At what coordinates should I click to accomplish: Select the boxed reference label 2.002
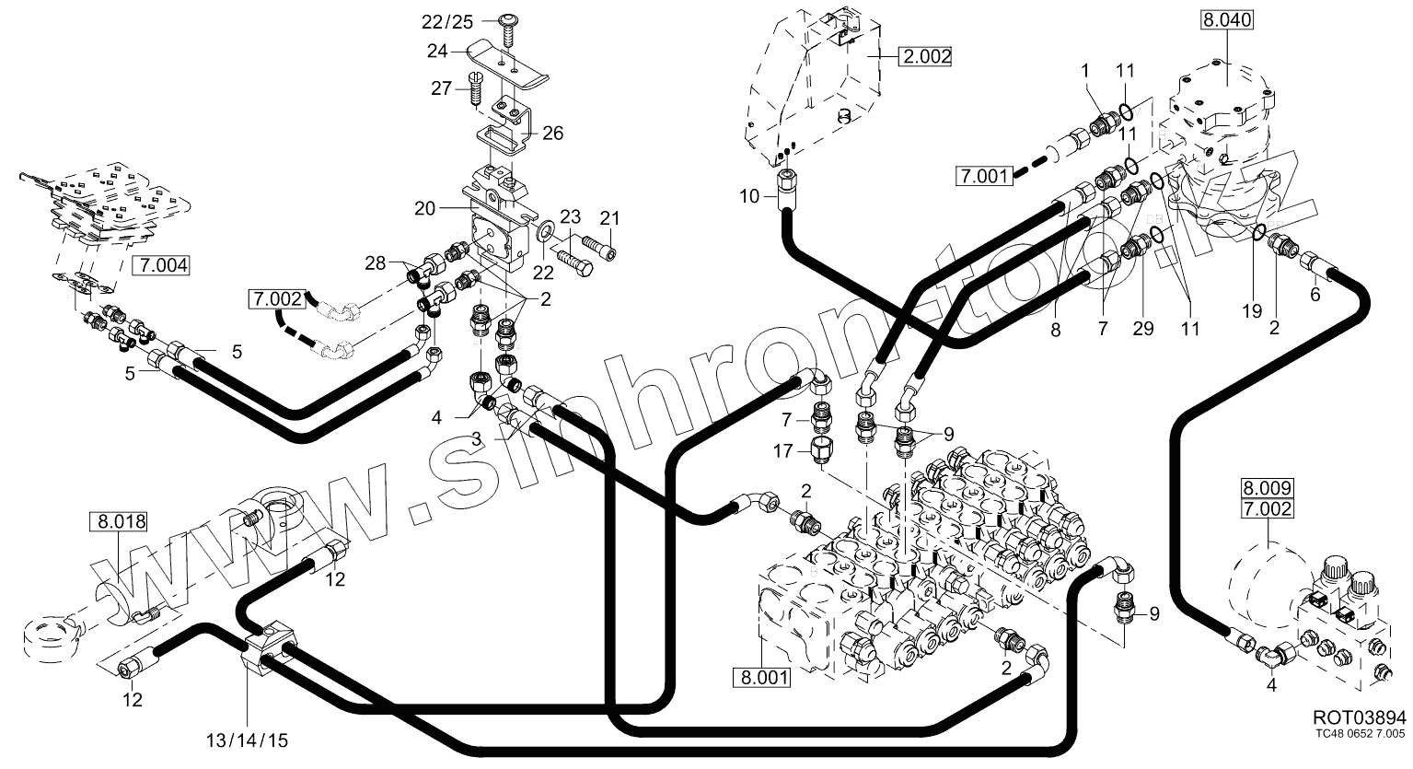point(925,56)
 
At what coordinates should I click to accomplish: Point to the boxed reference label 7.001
point(985,174)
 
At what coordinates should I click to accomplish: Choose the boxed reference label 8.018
point(118,522)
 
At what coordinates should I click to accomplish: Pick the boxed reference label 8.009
point(1268,488)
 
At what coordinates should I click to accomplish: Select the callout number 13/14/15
point(247,740)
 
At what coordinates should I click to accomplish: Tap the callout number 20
point(424,208)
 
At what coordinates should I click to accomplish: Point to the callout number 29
point(1142,329)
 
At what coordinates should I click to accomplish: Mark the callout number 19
point(1251,311)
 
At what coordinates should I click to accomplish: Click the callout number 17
point(782,451)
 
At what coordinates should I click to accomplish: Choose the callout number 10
point(749,195)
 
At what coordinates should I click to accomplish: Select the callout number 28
point(375,264)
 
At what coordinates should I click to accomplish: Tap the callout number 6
point(1315,295)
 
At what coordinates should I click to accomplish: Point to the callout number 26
point(552,134)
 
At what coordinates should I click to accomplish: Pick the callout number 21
point(609,218)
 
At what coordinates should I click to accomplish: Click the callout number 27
point(442,88)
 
